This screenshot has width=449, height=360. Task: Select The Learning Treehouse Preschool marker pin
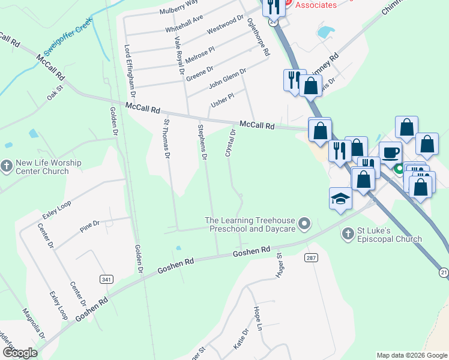[x=305, y=224]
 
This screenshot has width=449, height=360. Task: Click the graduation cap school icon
[x=340, y=199]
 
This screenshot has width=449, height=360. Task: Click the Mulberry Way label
[x=178, y=7]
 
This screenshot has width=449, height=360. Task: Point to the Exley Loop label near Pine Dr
[x=56, y=210]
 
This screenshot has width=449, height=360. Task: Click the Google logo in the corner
[x=20, y=353]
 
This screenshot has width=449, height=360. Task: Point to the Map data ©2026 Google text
[x=411, y=355]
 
